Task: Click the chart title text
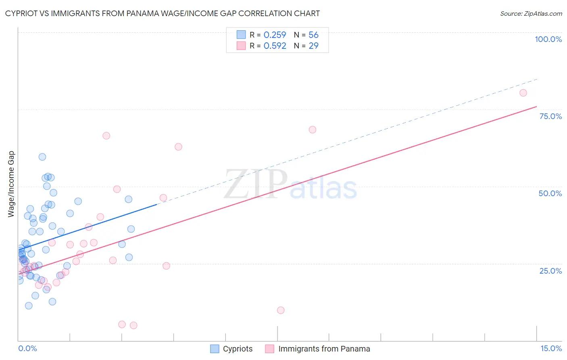(x=163, y=14)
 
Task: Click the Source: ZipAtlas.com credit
(x=531, y=14)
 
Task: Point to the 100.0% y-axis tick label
(x=548, y=39)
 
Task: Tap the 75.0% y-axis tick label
(x=550, y=116)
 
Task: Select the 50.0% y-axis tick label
(x=550, y=193)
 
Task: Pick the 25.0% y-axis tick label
(x=550, y=271)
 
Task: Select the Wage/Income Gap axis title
(x=11, y=184)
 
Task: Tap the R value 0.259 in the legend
(x=275, y=35)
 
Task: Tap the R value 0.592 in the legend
(x=275, y=46)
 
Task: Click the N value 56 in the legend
(x=313, y=35)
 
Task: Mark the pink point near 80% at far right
(x=523, y=93)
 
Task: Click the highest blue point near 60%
(x=42, y=157)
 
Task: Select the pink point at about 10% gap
(x=281, y=310)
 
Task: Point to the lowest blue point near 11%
(x=29, y=306)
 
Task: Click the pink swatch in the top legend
(x=241, y=46)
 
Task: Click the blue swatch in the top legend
(x=241, y=35)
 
